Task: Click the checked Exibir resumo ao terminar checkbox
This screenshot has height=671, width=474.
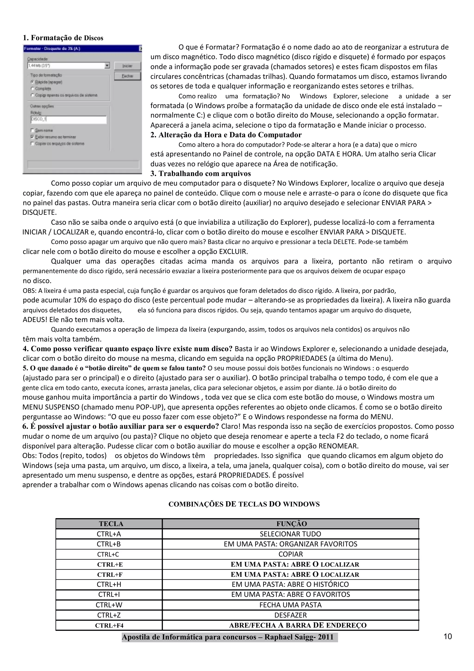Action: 32,137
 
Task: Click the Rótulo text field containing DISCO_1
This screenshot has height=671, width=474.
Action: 69,120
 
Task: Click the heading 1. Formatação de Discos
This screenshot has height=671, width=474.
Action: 63,38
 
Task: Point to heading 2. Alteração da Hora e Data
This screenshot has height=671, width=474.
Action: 226,135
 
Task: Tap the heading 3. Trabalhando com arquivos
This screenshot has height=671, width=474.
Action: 201,174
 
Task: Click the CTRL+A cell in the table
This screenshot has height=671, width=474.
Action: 109,534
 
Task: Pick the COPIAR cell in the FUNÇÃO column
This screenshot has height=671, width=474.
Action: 290,554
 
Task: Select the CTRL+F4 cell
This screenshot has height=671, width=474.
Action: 109,625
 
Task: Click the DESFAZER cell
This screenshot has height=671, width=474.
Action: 290,615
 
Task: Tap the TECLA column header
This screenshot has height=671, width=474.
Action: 111,524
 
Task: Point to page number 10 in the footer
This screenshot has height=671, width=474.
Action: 447,637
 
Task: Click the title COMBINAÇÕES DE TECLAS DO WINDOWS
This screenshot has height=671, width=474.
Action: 244,504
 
